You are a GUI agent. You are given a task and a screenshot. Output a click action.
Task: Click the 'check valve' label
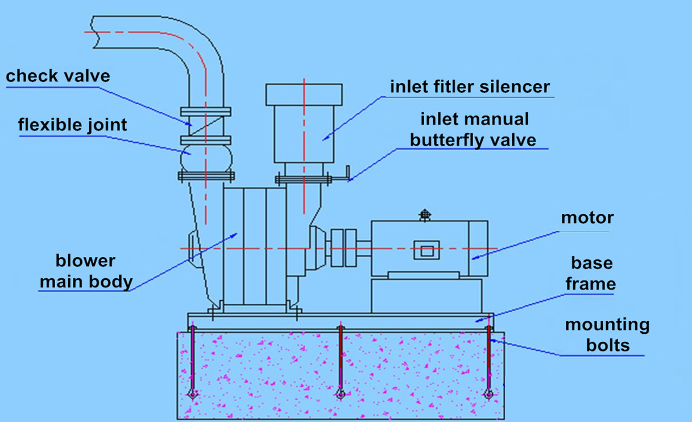pyautogui.click(x=57, y=76)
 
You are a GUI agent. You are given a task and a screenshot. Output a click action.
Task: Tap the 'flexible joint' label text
pyautogui.click(x=72, y=125)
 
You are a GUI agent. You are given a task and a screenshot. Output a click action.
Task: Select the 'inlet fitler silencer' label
pyautogui.click(x=470, y=86)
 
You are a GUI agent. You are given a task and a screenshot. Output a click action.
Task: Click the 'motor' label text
pyautogui.click(x=587, y=218)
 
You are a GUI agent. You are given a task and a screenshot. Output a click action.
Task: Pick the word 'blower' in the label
pyautogui.click(x=85, y=261)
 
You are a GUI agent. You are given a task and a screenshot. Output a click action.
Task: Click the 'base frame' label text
pyautogui.click(x=591, y=273)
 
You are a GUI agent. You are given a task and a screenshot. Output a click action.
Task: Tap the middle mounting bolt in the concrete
pyautogui.click(x=340, y=361)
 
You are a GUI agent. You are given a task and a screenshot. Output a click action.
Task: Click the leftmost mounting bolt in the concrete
pyautogui.click(x=193, y=361)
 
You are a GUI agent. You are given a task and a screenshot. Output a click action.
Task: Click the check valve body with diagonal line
pyautogui.click(x=205, y=123)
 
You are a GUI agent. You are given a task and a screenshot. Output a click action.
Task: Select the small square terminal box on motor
pyautogui.click(x=426, y=250)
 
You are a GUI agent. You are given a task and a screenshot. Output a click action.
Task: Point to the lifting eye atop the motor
pyautogui.click(x=424, y=214)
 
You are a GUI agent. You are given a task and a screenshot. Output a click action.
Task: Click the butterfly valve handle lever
pyautogui.click(x=343, y=177)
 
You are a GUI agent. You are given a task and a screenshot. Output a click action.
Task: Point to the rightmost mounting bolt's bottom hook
pyautogui.click(x=487, y=394)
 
